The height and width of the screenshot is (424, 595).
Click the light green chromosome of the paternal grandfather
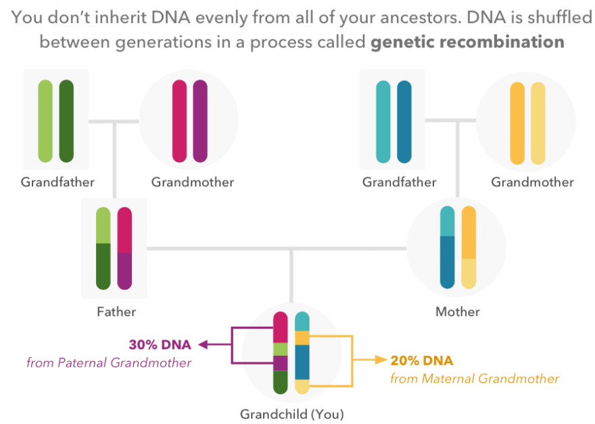[45, 121]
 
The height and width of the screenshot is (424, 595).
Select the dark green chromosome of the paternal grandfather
[66, 121]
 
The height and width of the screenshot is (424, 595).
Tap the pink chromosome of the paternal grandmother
[179, 121]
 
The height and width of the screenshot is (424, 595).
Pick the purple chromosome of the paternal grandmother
[200, 121]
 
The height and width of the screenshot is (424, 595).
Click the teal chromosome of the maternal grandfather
[383, 121]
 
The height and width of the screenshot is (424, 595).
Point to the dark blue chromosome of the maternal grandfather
[404, 121]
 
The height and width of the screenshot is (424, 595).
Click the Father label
[116, 312]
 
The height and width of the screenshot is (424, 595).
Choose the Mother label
[458, 312]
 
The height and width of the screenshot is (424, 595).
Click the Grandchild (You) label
[287, 414]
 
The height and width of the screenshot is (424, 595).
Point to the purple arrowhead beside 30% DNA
[202, 345]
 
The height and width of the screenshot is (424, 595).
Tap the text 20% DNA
[422, 361]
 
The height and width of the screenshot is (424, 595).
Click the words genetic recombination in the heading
[467, 42]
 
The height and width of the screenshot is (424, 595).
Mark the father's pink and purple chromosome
[124, 248]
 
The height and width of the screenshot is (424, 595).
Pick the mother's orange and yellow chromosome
[469, 248]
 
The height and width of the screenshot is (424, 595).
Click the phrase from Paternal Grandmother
[109, 363]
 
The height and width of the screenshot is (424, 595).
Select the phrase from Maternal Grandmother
[475, 379]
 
